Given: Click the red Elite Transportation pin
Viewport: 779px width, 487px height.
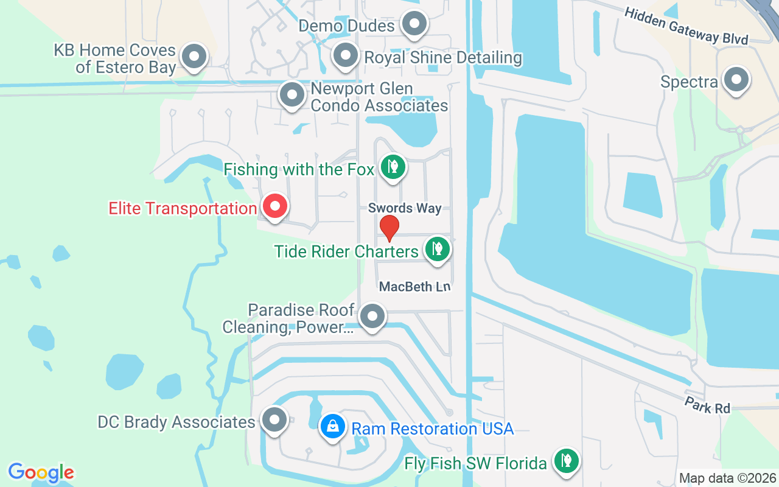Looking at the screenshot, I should coord(274,206).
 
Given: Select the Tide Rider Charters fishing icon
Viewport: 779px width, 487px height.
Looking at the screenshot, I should coord(436,248).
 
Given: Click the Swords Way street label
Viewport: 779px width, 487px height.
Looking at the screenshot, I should coord(405,208).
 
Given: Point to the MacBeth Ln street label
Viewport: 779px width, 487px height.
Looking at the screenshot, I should coord(414,286).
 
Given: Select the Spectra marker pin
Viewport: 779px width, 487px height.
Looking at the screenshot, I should coord(736,80).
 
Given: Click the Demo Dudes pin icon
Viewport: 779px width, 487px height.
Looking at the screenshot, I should coord(415,24).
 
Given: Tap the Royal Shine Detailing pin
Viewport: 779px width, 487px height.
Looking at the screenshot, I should coord(346,56).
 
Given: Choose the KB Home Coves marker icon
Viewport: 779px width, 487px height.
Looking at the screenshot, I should coord(194,57).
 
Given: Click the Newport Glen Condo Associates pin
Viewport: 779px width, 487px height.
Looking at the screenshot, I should coord(292,95).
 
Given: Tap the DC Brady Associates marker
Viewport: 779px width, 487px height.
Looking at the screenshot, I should coord(274,420).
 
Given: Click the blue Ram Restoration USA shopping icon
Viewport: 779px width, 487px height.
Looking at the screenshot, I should coord(333,426).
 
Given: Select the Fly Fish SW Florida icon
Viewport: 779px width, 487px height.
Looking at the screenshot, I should coord(566,460).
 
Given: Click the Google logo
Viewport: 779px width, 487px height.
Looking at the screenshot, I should coord(41,472).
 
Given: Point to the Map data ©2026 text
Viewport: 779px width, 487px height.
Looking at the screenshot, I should coord(727,478).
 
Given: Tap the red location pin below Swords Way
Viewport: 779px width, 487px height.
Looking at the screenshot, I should coord(389,228).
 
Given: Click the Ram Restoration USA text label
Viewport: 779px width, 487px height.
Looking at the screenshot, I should coord(433,429).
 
